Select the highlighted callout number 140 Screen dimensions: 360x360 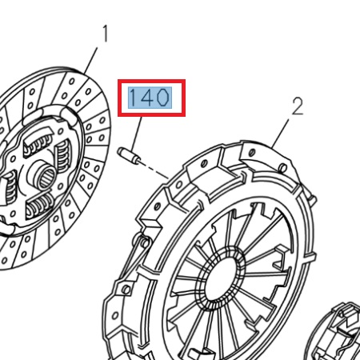pos(150,98)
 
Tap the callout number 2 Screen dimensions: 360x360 pos(297,106)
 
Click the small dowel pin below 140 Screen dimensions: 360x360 pos(133,156)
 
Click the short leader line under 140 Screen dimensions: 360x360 pos(140,132)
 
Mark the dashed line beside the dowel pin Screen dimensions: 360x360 pos(157,170)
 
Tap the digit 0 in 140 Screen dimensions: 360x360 pos(162,98)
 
